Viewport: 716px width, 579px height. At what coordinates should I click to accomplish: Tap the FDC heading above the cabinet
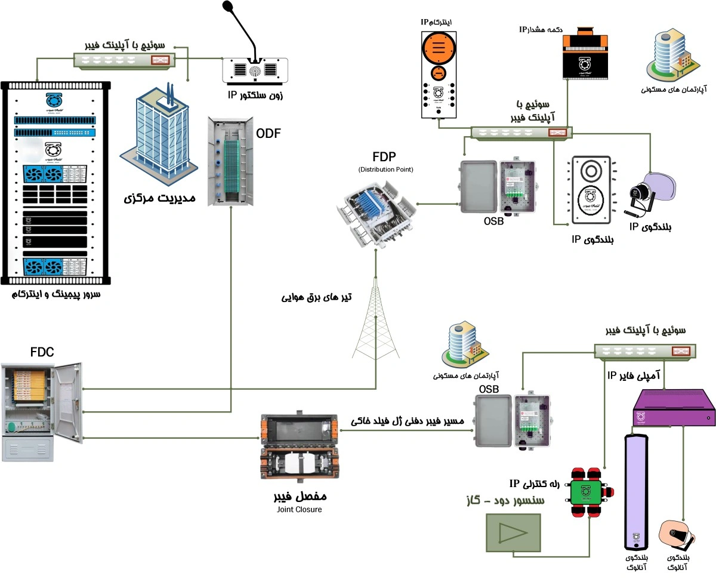click(x=42, y=352)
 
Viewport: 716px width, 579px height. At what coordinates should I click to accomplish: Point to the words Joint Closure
click(x=300, y=510)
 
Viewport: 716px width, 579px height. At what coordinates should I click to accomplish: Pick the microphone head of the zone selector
click(x=228, y=7)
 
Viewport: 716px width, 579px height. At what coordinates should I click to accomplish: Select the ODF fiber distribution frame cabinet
click(x=227, y=161)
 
